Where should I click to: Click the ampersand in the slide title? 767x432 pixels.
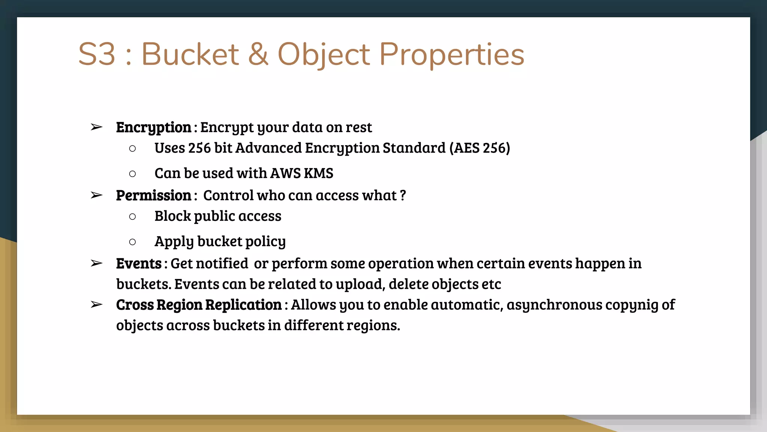258,54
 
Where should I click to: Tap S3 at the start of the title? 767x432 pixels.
97,54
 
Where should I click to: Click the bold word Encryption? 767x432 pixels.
154,127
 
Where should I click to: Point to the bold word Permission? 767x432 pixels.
154,195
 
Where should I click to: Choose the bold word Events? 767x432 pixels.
139,264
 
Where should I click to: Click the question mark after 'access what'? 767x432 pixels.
403,195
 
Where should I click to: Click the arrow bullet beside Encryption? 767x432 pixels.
96,127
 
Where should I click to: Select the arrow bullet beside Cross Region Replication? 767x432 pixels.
96,305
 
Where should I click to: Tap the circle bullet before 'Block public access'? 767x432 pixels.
132,216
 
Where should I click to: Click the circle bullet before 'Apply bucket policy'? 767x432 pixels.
132,242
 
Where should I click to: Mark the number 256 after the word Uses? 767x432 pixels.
200,148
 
